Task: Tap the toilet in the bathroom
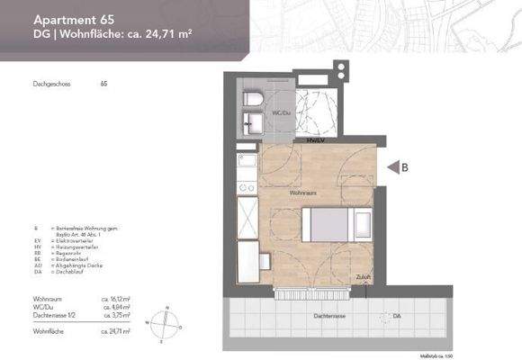[x=252, y=97]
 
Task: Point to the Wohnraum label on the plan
[x=301, y=193]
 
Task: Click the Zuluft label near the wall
[x=362, y=275]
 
